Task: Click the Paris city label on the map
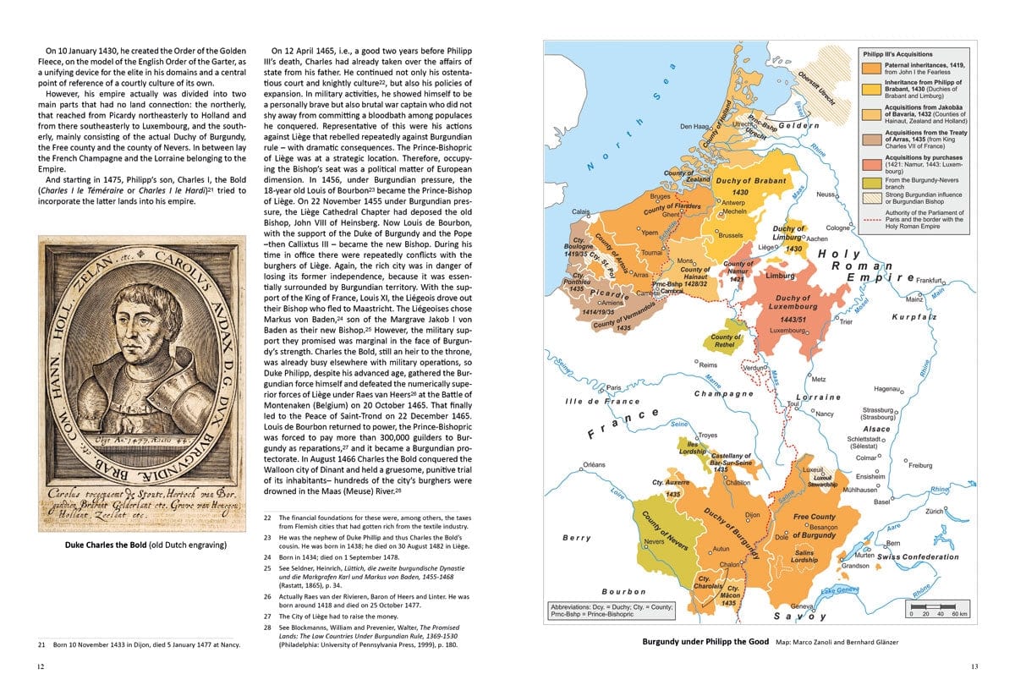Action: tap(615, 387)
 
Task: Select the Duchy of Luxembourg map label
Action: tap(793, 304)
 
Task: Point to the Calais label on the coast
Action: tap(581, 211)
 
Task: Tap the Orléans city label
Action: tap(595, 464)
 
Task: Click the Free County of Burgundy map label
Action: tap(814, 525)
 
